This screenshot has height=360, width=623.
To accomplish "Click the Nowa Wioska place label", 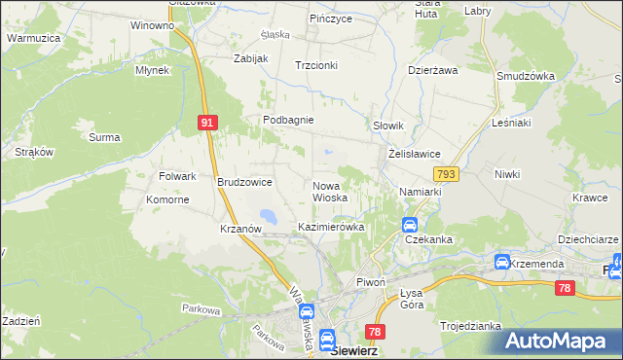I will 330,191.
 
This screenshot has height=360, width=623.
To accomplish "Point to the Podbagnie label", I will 287,120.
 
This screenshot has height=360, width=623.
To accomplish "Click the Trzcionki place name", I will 316,65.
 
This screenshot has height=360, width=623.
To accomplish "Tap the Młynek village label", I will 153,70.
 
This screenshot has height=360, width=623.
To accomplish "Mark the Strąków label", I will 34,152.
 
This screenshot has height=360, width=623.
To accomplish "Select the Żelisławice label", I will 416,154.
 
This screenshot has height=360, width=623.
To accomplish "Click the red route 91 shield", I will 206,123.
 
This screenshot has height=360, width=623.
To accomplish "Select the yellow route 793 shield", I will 446,174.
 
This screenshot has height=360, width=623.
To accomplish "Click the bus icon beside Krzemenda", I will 501,262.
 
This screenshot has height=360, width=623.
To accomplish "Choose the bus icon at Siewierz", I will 327,336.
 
